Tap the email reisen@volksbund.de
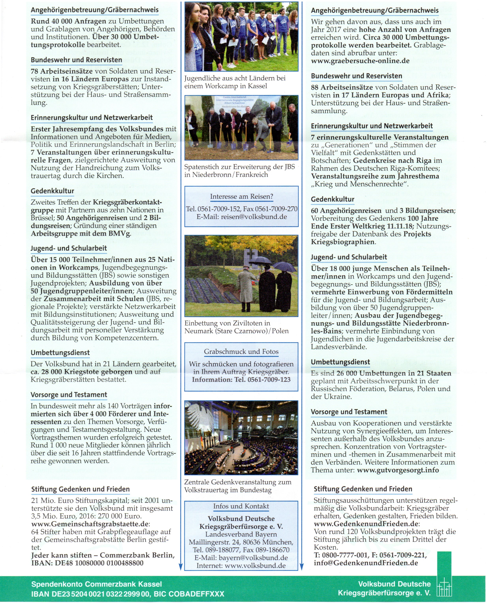tap(254, 217)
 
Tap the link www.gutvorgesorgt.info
tap(398, 470)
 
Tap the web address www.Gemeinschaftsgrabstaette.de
tap(90, 524)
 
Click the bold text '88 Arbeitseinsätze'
tap(342, 87)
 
